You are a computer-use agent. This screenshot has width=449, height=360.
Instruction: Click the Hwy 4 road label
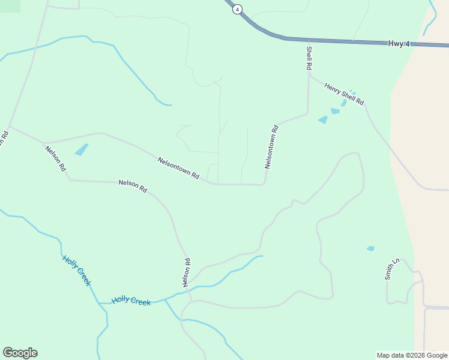(399, 43)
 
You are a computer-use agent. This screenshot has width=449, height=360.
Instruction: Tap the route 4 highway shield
(238, 9)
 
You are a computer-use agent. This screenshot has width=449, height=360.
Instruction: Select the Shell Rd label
(309, 58)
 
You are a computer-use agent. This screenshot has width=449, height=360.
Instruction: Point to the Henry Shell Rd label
(345, 94)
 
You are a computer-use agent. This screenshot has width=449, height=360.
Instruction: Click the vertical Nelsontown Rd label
(271, 146)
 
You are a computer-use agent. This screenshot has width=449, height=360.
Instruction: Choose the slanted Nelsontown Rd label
(178, 168)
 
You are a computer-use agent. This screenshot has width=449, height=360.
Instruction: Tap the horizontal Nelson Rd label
(133, 186)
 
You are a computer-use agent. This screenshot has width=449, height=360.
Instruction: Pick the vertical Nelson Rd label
(187, 272)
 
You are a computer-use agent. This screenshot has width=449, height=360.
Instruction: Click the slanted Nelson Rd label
(55, 158)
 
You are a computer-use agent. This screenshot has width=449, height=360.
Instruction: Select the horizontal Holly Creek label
(131, 301)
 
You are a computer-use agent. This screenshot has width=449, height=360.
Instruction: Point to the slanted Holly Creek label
(76, 270)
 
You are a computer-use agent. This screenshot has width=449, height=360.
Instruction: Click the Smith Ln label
(391, 269)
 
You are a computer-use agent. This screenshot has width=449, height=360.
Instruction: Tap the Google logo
(20, 353)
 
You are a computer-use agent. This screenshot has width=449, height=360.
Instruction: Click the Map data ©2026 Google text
(412, 355)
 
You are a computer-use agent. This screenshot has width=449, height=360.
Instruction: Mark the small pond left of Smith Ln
(370, 248)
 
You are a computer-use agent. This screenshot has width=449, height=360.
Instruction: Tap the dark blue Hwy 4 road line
(336, 41)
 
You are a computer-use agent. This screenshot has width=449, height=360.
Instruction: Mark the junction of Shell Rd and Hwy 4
(309, 40)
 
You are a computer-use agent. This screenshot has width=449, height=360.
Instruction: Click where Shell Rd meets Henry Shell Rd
(309, 75)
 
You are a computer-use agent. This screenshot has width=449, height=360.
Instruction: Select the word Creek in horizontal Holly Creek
(140, 302)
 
